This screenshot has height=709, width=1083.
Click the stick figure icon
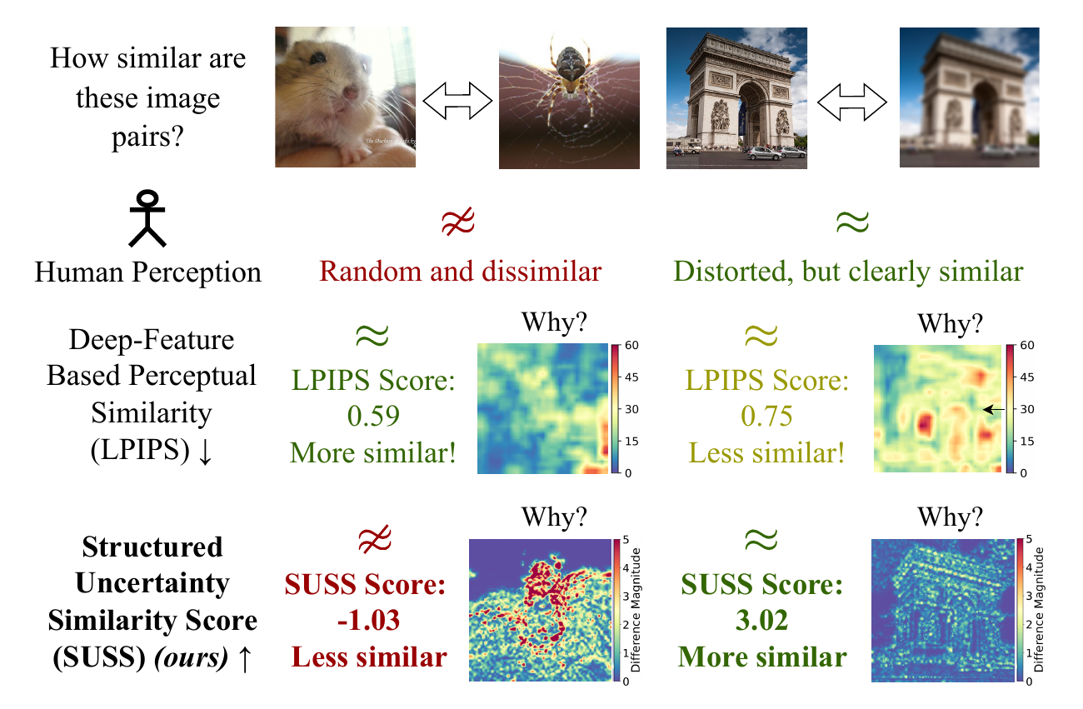[x=147, y=219]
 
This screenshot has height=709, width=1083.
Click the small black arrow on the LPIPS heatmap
[x=991, y=409]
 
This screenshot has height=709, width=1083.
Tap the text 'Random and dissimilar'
[x=460, y=272]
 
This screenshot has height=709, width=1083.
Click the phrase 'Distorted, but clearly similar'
[x=848, y=272]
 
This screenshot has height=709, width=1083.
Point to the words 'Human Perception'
[x=147, y=272]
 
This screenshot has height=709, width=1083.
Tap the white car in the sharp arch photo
[x=764, y=152]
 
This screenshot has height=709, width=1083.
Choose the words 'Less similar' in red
[x=369, y=657]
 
